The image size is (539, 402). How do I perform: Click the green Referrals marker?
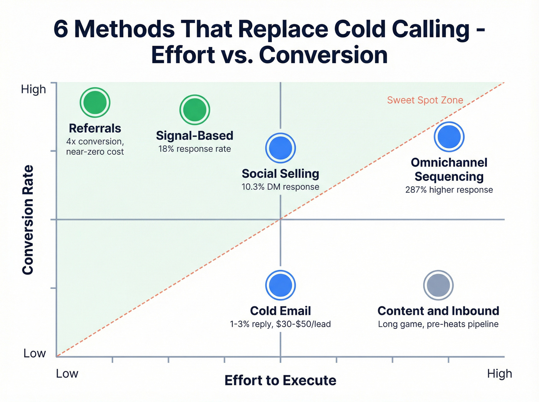click(95, 102)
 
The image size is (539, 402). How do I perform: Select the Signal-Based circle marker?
click(195, 110)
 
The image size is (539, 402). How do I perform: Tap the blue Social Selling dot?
click(280, 148)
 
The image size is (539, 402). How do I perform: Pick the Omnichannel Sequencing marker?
click(449, 137)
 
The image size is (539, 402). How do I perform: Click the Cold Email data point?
click(280, 285)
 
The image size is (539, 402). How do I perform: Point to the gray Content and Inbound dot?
click(438, 285)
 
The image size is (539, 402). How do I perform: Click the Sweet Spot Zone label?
click(425, 100)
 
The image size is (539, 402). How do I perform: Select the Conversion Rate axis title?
click(28, 220)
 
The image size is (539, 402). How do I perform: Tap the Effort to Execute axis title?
click(280, 380)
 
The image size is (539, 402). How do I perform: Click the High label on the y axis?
click(33, 89)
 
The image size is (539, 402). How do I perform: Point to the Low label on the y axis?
click(35, 353)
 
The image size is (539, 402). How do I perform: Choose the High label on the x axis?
click(499, 374)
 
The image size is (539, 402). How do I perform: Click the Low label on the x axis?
click(67, 374)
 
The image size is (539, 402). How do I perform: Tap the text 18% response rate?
click(195, 149)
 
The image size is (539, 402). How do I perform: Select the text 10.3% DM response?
click(280, 187)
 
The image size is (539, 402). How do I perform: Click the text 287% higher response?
click(449, 190)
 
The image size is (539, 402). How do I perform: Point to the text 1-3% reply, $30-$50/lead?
click(280, 324)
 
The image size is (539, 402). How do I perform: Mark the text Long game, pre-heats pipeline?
click(438, 324)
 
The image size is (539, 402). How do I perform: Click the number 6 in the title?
click(61, 29)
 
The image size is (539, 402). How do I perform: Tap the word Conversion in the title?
click(323, 55)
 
